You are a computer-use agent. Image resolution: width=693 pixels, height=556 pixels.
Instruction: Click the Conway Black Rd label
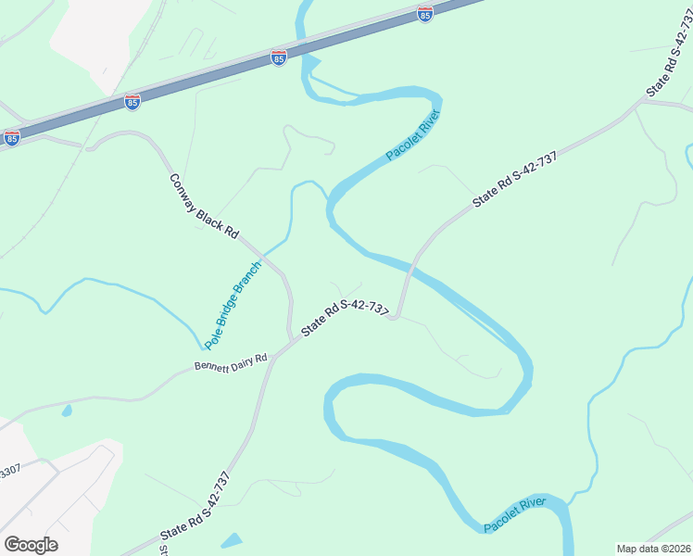204,208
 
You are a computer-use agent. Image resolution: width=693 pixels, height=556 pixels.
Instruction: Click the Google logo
31,544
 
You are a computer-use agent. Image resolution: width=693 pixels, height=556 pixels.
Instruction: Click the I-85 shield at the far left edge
11,138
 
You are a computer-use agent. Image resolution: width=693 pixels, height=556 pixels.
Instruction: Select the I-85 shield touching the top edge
424,14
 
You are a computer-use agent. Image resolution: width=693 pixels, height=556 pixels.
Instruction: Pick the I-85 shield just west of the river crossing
279,57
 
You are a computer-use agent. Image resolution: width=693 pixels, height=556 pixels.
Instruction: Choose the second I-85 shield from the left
132,102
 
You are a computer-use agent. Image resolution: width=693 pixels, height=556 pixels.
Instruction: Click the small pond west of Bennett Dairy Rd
67,410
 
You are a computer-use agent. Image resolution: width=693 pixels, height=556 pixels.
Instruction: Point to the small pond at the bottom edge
232,540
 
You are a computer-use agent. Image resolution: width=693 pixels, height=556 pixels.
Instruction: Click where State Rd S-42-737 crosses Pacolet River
409,268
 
